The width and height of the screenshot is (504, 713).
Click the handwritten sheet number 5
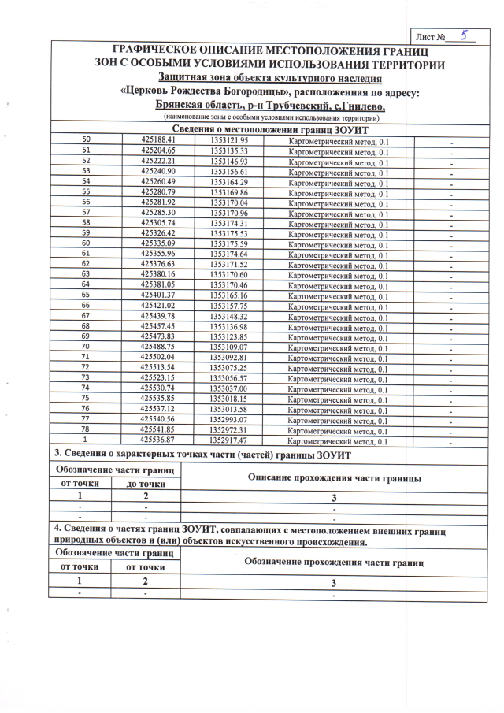pos(465,35)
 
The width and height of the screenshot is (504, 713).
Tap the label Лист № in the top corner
pos(432,36)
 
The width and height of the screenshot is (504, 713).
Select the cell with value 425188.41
pos(158,140)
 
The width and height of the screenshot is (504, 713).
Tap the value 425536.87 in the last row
pos(158,440)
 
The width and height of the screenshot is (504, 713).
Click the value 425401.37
pos(158,295)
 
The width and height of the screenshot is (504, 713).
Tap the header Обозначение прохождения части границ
pos(334,562)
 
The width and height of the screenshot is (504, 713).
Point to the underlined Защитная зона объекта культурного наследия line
pos(270,78)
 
